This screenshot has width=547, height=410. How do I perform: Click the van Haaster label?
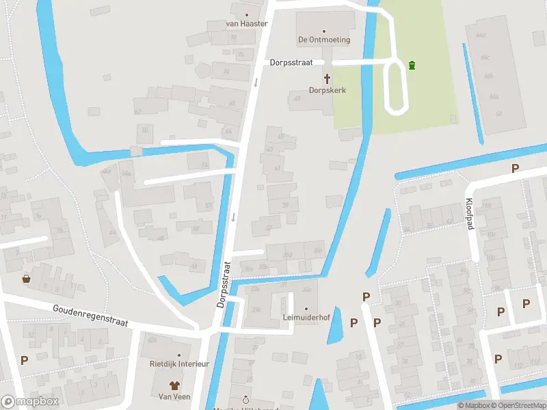point(246,23)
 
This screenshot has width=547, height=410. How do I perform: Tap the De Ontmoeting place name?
point(324,40)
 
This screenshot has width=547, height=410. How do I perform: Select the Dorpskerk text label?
point(326,90)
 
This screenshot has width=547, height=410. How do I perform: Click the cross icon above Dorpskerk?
point(326,78)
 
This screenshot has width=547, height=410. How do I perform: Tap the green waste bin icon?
point(412,66)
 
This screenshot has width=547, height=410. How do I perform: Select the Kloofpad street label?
point(471,214)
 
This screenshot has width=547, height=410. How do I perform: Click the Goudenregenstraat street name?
point(90,316)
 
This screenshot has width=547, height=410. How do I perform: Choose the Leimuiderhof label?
point(306,318)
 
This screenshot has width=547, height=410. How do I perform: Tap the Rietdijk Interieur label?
point(179,364)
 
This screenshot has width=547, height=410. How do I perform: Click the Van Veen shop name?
point(174,396)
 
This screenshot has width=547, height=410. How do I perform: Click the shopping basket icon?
point(26,278)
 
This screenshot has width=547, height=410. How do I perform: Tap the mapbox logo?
point(29,402)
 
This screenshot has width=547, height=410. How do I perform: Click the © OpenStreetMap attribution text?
point(518,406)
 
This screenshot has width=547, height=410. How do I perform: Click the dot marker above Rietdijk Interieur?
point(179,355)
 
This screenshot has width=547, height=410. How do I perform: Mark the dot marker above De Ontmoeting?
point(324,31)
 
